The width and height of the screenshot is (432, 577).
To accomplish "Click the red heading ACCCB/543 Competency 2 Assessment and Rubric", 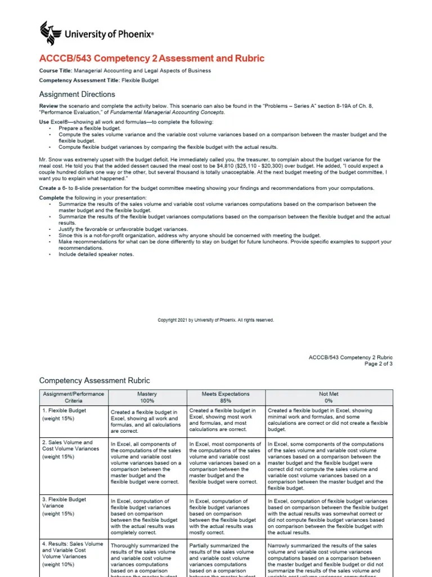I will [151, 59].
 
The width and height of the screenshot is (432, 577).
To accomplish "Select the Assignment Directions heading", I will [76, 94].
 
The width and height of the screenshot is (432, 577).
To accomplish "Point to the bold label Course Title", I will [56, 71].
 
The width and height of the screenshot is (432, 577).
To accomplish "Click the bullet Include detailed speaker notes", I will [96, 254].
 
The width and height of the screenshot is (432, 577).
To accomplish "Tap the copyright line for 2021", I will [215, 320].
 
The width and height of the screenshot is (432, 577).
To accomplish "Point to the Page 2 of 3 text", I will [379, 364].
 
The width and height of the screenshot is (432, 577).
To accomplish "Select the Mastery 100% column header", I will [147, 397].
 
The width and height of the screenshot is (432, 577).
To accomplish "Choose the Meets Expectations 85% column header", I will [225, 397].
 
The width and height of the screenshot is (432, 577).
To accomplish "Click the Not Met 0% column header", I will [329, 397].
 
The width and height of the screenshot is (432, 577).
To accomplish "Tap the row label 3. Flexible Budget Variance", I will [64, 502].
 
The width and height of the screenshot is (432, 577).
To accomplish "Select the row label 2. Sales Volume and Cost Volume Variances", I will [67, 445].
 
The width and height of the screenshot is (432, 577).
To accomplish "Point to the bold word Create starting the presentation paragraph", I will [47, 188].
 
